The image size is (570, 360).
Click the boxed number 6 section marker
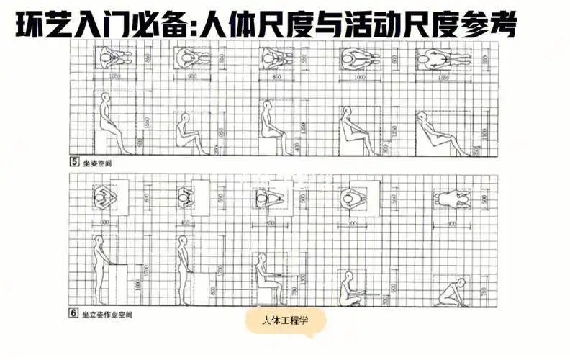(74, 315)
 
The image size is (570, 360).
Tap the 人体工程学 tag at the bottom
(284, 321)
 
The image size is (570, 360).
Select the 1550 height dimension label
(146, 124)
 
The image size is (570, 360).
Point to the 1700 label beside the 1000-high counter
(146, 271)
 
